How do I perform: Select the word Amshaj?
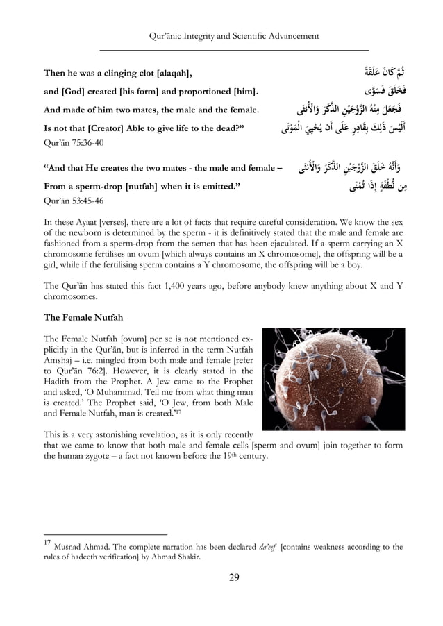point(60,358)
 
